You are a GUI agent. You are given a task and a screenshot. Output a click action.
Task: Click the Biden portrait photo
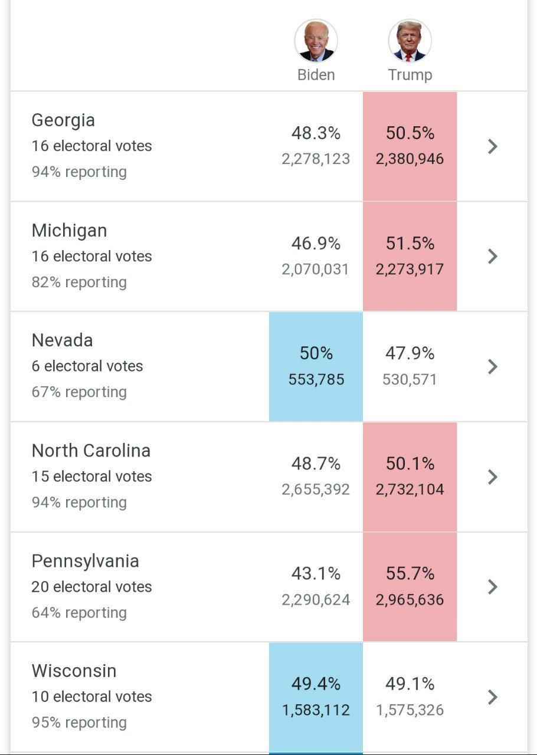[x=316, y=41]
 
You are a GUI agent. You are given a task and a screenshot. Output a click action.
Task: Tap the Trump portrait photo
[x=410, y=41]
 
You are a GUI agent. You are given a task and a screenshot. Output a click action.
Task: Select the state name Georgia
[x=63, y=120]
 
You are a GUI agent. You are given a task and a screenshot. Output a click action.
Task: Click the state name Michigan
[x=69, y=231]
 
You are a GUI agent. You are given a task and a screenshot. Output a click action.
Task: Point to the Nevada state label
[x=62, y=340]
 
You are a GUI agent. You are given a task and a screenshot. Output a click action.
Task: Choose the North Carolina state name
[x=91, y=451]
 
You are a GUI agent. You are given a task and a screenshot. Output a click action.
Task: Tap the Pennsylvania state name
[x=85, y=561]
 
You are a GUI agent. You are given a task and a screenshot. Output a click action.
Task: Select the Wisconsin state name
[x=74, y=671]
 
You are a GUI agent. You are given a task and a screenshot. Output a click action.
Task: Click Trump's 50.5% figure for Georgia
[x=410, y=133]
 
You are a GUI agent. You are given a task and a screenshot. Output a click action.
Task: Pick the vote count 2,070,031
[x=316, y=270]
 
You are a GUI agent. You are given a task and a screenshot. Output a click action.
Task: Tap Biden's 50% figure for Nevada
[x=316, y=353]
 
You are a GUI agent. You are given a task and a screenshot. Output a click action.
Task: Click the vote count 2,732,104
[x=410, y=490]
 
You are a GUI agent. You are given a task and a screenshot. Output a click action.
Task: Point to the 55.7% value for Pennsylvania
[x=410, y=573]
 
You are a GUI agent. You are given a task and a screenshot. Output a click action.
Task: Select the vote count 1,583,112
[x=316, y=710]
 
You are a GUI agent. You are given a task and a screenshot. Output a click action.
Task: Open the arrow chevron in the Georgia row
[x=493, y=146]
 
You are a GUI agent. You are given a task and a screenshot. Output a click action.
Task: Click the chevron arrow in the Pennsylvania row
[x=493, y=587]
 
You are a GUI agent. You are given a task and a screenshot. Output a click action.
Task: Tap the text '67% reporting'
[x=79, y=392]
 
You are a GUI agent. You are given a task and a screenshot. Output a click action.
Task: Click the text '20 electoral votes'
[x=91, y=587]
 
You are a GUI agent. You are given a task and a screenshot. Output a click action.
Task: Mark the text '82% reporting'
[x=79, y=282]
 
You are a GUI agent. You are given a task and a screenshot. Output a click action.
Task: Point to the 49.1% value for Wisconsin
[x=410, y=684]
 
